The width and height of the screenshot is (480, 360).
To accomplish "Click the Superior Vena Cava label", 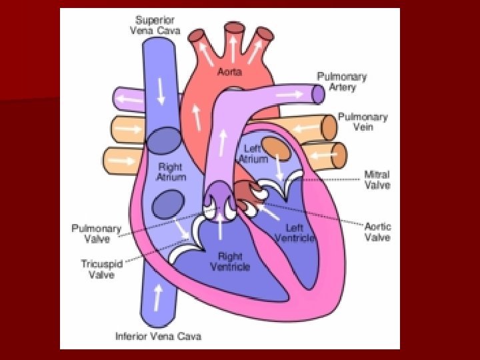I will (159, 25).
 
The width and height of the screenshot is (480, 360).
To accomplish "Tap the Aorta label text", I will (230, 71).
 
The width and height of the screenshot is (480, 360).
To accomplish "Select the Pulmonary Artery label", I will (342, 81).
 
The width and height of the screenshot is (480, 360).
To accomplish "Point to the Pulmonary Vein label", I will (362, 121).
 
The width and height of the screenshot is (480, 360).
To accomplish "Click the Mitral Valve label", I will (377, 180).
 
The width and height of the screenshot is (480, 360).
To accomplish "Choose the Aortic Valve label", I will (377, 232).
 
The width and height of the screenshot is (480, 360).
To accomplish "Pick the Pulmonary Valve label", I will (97, 233).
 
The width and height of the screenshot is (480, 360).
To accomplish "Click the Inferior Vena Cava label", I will (158, 335).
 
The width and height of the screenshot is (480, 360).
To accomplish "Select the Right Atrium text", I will (171, 172).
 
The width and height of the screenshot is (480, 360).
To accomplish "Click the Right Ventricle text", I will (230, 261).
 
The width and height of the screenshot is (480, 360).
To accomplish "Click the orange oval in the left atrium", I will (275, 147).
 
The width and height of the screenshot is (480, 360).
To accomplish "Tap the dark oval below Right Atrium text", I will (168, 204).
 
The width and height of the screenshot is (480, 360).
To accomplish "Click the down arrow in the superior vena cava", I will (161, 92).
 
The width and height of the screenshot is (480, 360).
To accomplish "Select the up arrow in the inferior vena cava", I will (158, 297).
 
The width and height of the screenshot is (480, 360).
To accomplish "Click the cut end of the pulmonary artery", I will (319, 95).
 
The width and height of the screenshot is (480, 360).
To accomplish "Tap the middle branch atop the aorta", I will (233, 32).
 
